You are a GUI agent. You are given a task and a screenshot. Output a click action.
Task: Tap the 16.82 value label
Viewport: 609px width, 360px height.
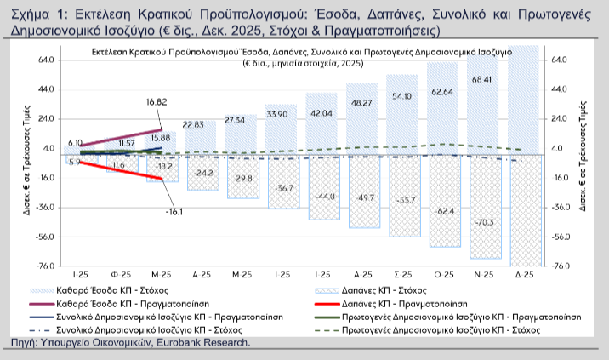[x=156, y=101]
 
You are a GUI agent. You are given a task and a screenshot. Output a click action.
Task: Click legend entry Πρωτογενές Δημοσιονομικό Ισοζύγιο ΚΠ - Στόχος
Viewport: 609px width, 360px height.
[x=452, y=329]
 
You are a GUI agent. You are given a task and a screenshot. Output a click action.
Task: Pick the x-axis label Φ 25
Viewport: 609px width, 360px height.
[x=120, y=276]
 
